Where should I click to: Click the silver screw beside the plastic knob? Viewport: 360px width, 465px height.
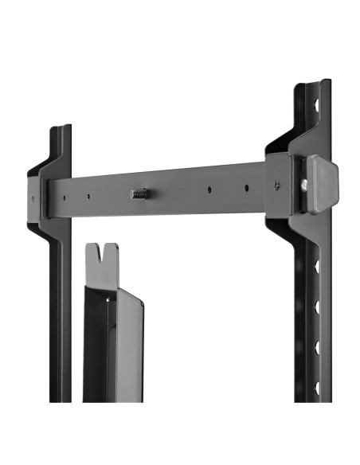pos(303,185)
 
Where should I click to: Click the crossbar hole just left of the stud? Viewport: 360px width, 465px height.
pos(88,197)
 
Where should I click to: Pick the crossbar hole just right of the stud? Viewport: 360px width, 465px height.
pos(209,190)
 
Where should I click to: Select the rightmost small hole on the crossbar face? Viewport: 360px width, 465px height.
pos(246,189)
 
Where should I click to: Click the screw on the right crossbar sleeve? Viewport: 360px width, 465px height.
pos(276,185)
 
